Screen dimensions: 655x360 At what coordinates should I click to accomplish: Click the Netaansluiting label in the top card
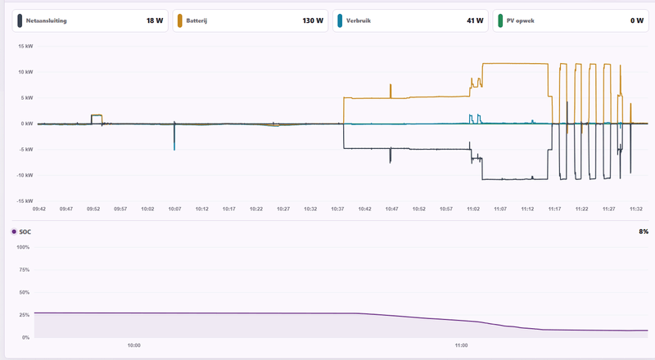tap(47, 20)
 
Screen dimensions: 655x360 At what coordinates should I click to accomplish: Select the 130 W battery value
tap(313, 20)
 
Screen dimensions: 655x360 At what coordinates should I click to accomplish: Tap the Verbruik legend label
tap(359, 20)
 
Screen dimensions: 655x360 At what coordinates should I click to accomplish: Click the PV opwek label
tap(520, 20)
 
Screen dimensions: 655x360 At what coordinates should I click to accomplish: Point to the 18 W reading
tap(155, 20)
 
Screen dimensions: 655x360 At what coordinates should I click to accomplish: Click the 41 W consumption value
tap(475, 20)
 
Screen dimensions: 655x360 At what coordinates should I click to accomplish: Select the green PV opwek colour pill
tap(500, 21)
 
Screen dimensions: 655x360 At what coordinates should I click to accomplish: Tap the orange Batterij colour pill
tap(179, 21)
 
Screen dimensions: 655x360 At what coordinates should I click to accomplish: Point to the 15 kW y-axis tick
tap(25, 47)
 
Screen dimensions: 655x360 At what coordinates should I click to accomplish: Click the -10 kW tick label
tap(25, 175)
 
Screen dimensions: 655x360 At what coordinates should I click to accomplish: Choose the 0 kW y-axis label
tap(27, 124)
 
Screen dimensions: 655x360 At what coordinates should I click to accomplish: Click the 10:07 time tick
tap(174, 209)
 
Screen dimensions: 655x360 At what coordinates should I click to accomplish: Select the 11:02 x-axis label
tap(473, 209)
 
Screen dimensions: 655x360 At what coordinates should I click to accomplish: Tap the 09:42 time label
tap(38, 209)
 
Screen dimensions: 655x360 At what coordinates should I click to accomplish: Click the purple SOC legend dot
tap(14, 232)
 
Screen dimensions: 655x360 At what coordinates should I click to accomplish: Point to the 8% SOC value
tap(644, 232)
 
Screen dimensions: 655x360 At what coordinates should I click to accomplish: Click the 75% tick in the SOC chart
tap(25, 270)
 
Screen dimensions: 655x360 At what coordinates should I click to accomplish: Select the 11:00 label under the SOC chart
tap(461, 345)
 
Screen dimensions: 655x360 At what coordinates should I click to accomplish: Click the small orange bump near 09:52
tap(97, 115)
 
